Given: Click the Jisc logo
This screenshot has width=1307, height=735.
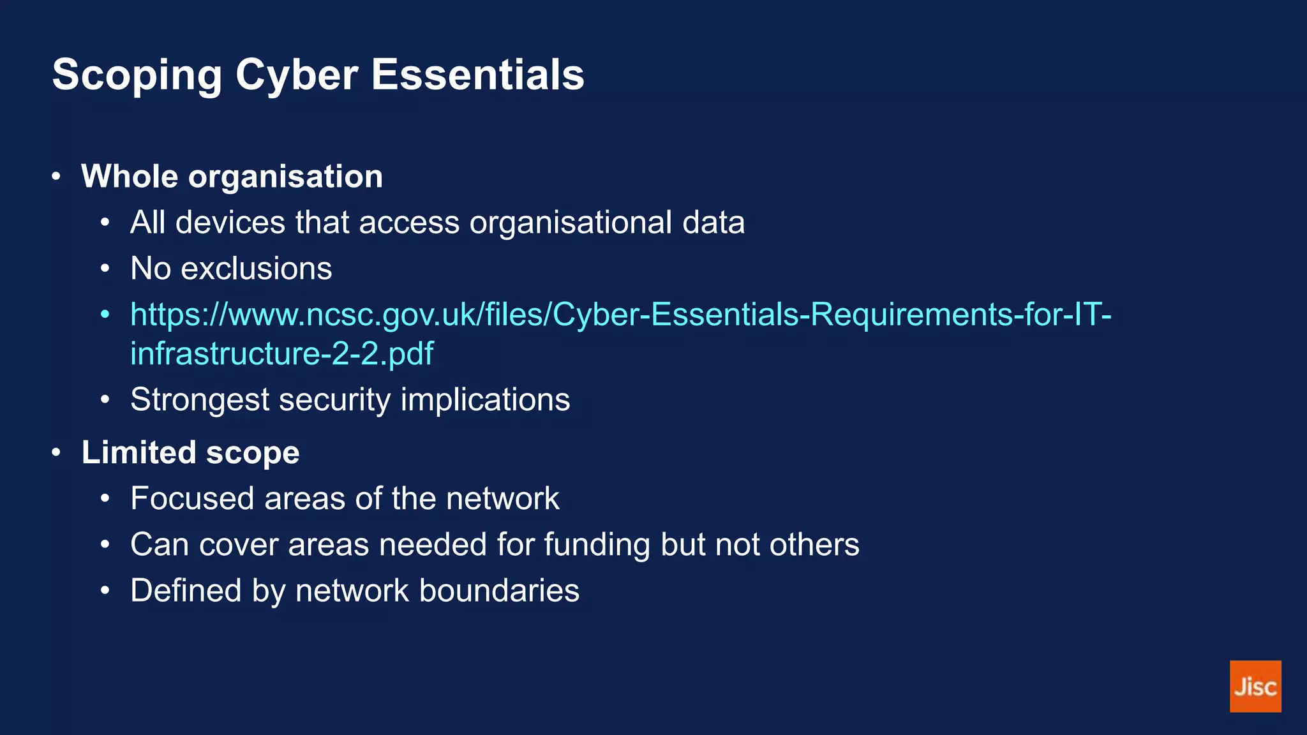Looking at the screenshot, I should (1255, 686).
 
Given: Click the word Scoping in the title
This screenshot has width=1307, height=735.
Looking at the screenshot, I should (137, 75).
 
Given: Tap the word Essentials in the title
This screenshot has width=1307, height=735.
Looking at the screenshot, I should (477, 75).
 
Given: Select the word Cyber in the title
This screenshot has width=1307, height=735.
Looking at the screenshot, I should (297, 75).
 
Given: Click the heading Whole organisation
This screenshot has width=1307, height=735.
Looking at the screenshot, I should (232, 176).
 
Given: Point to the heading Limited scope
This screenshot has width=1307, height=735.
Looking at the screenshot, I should (190, 452).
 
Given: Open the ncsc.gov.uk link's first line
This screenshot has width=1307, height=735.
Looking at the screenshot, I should (620, 314).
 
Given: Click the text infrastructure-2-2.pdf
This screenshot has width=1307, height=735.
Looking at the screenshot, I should (281, 353).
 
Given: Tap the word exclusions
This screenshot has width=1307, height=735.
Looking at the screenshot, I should (257, 269).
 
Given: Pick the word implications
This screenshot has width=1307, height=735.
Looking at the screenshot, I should (485, 400).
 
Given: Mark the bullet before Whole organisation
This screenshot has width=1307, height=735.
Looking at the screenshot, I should (56, 176).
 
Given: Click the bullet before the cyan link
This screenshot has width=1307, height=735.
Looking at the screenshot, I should (105, 314).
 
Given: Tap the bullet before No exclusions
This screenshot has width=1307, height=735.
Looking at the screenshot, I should (105, 269).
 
